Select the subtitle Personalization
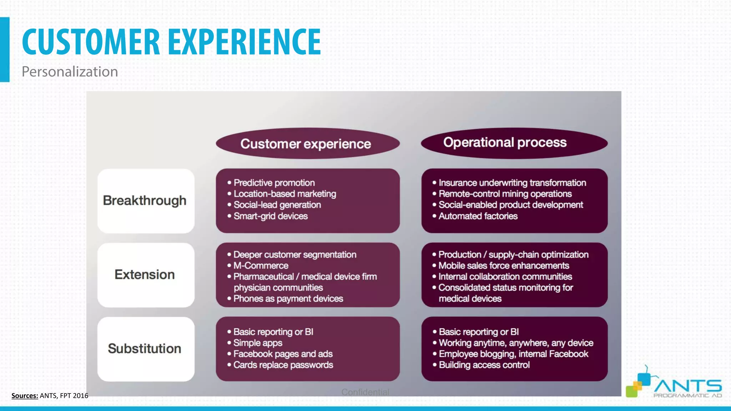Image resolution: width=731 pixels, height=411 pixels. [70, 72]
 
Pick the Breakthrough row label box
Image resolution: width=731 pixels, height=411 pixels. [146, 201]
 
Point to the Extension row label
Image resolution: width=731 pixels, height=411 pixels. [145, 275]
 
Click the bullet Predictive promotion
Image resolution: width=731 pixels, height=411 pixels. [274, 183]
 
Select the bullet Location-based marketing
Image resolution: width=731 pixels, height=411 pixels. [285, 194]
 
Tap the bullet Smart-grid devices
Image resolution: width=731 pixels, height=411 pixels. [271, 216]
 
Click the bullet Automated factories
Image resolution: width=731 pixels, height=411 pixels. [478, 216]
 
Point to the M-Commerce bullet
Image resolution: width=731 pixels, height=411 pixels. [261, 265]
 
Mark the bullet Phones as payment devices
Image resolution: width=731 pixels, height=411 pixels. [288, 299]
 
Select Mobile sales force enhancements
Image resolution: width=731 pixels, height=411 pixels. [504, 265]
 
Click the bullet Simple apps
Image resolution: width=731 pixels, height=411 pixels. [258, 343]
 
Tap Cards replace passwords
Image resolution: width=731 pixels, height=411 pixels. [283, 365]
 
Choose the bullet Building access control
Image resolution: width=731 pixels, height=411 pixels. [484, 365]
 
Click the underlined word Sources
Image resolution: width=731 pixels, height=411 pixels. [25, 396]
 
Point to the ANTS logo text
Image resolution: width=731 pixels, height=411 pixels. [687, 386]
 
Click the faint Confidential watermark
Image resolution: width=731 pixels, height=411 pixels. [365, 392]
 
